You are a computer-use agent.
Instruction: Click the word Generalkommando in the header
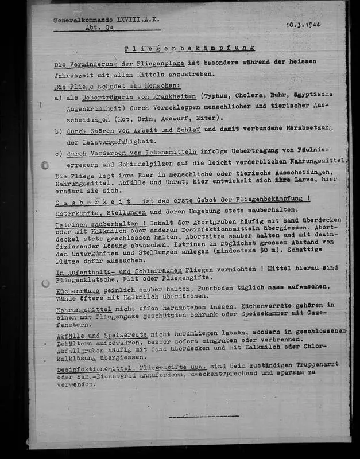pyautogui.click(x=78, y=20)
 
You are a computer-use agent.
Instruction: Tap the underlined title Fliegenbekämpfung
pyautogui.click(x=189, y=48)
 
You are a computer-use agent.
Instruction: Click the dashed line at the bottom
pyautogui.click(x=203, y=416)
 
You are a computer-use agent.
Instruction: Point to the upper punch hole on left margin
pyautogui.click(x=45, y=165)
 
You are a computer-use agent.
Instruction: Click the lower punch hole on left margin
pyautogui.click(x=45, y=283)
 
